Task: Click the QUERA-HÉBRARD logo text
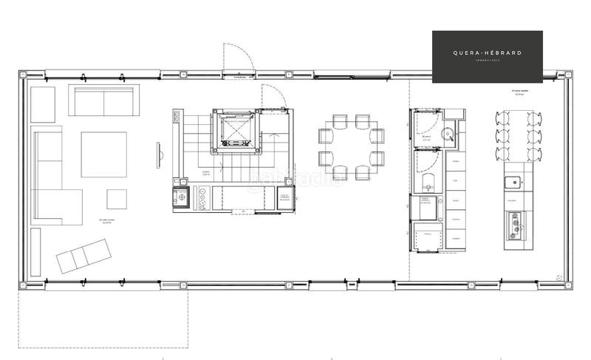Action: pyautogui.click(x=487, y=52)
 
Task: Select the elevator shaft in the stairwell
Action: pyautogui.click(x=237, y=133)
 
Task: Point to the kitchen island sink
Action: pyautogui.click(x=511, y=182)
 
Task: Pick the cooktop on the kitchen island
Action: pyautogui.click(x=513, y=224)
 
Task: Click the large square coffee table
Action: pyautogui.click(x=103, y=154)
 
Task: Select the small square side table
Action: pyautogui.click(x=117, y=199)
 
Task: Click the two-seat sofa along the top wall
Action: pyautogui.click(x=103, y=100)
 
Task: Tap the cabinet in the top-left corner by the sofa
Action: pyautogui.click(x=42, y=104)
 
